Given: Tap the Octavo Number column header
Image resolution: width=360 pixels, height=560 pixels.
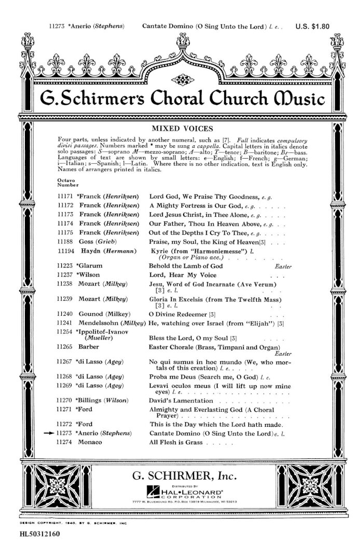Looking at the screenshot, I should click(68, 182).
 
